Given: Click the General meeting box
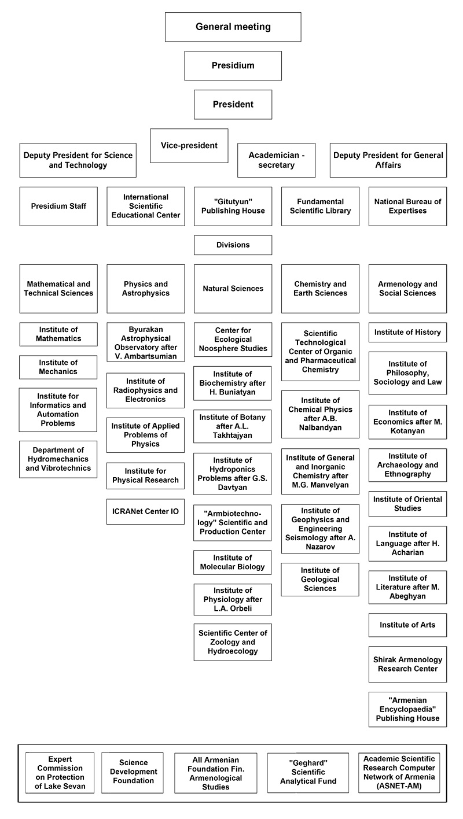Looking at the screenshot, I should (x=233, y=27).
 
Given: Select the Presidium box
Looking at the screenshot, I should (x=233, y=65).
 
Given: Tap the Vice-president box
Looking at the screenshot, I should (x=189, y=145).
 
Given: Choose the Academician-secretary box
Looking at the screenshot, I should (x=276, y=160).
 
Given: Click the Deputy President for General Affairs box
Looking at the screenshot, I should (x=388, y=160).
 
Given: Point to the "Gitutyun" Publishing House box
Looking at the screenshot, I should (x=233, y=206).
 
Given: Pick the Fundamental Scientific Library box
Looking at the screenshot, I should (x=320, y=206).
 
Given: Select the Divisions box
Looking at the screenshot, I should (x=233, y=245).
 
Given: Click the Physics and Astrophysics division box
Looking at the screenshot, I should (x=145, y=289).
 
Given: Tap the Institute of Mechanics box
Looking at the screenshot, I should (x=58, y=367).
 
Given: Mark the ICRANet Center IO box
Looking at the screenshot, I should (x=145, y=511).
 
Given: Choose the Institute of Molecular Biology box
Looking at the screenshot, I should (x=232, y=562).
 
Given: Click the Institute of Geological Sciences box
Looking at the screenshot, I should (x=320, y=580).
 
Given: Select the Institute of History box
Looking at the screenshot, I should (x=407, y=332).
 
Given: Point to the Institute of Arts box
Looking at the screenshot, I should (x=407, y=625).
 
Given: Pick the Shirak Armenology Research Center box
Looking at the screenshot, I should (x=407, y=664).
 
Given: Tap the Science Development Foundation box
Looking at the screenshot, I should (x=133, y=772).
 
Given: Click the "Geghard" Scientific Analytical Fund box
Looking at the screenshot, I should (x=308, y=772).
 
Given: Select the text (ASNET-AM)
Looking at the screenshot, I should (x=399, y=786).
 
